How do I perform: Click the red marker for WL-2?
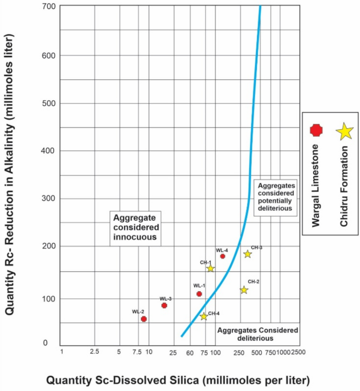[143, 319]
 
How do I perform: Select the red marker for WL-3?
[164, 305]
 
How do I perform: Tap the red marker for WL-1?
[199, 294]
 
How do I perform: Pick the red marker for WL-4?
[222, 256]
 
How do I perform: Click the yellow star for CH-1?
[210, 269]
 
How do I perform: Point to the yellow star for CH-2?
[244, 290]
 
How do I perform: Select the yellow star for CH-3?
[248, 254]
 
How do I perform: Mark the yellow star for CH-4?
[203, 316]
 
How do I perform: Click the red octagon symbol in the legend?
[316, 129]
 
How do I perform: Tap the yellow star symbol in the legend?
[344, 131]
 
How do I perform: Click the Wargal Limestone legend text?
[316, 185]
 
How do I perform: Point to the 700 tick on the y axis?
[48, 7]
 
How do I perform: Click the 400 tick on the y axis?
[48, 151]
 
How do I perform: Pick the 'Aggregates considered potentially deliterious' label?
[274, 198]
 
